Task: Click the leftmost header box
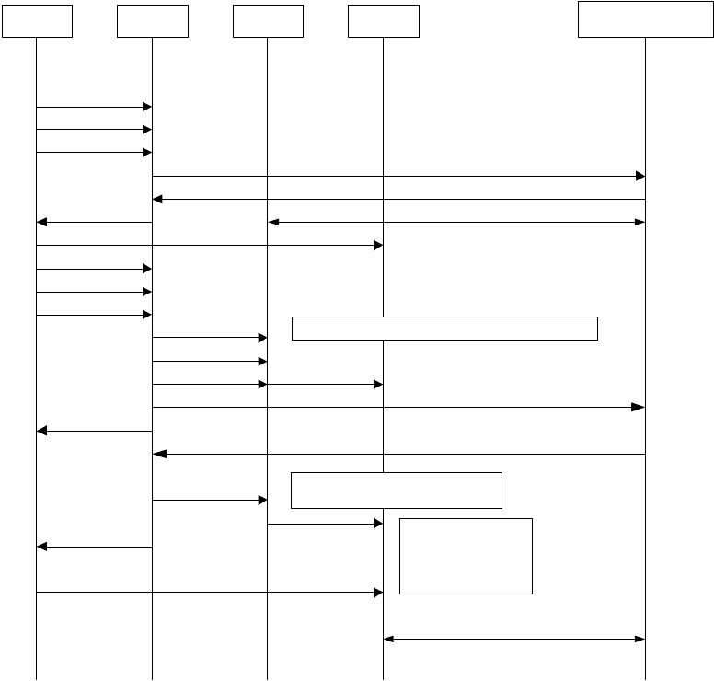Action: click(37, 21)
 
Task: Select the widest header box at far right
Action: click(645, 19)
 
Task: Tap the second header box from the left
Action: click(153, 21)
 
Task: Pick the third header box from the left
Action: click(268, 21)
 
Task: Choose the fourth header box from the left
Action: click(383, 21)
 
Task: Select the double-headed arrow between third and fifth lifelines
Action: click(456, 222)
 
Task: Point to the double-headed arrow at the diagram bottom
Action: click(514, 639)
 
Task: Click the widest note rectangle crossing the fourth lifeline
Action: click(444, 328)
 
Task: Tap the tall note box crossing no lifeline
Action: click(466, 556)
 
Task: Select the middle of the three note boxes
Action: click(396, 490)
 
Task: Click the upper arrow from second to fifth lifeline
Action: click(398, 176)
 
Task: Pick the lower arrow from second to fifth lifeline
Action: click(398, 407)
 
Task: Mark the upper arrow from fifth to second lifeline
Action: click(398, 199)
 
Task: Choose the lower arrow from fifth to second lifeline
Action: click(398, 454)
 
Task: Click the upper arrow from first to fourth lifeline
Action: click(209, 246)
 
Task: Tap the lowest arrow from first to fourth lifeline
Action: click(209, 593)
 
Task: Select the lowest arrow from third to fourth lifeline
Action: click(325, 524)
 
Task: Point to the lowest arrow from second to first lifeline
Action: click(94, 547)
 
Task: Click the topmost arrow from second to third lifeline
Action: click(209, 339)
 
